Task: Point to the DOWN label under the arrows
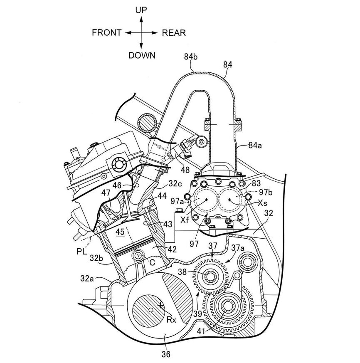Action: point(142,55)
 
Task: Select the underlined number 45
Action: point(120,232)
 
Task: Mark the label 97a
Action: point(177,201)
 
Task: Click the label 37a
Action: point(238,249)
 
